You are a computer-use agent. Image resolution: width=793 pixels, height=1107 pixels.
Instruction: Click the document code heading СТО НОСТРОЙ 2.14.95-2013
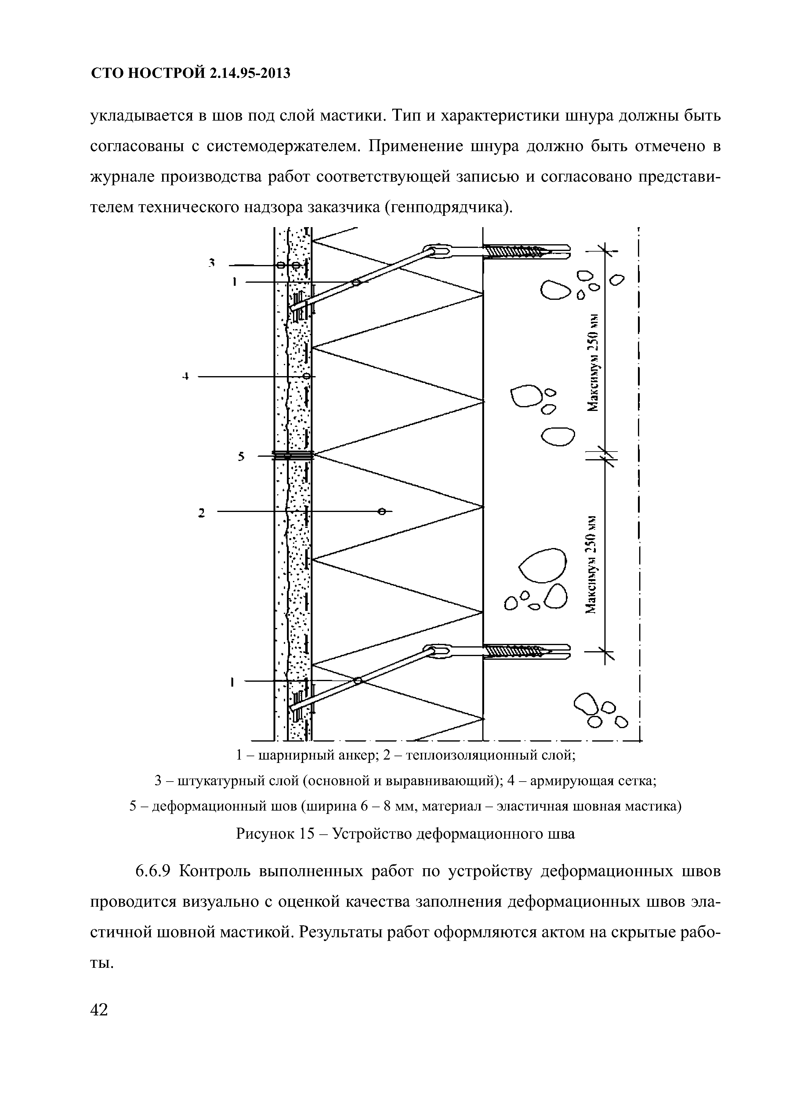pos(191,73)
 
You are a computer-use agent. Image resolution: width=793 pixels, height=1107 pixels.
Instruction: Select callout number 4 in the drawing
pos(186,376)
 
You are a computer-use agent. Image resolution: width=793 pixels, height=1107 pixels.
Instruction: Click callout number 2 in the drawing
pos(201,513)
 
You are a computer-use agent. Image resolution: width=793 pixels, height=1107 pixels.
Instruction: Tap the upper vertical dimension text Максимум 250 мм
pos(593,363)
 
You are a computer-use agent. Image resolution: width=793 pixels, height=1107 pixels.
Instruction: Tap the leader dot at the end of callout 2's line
pos(382,511)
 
